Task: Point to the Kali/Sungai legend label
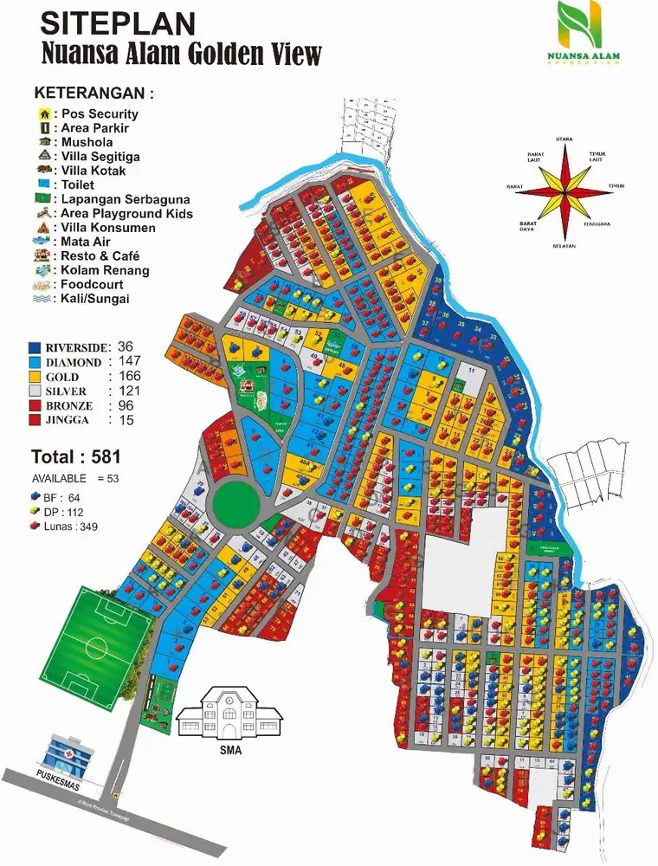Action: pyautogui.click(x=98, y=299)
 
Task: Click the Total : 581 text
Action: pyautogui.click(x=75, y=456)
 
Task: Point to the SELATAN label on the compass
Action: pyautogui.click(x=564, y=246)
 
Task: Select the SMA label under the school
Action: pyautogui.click(x=229, y=751)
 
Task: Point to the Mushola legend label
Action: pyautogui.click(x=87, y=142)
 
